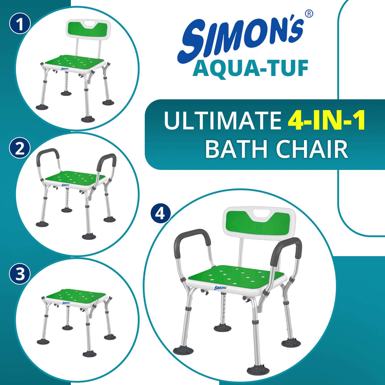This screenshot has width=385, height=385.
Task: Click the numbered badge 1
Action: click(20, 24)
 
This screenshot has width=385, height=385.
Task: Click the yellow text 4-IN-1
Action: click(326, 120)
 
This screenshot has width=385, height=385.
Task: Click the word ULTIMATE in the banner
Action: click(223, 120)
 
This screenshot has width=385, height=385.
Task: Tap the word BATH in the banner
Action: click(236, 149)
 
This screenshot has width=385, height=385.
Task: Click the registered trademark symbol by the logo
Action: click(309, 14)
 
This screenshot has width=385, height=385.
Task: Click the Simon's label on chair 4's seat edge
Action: click(220, 288)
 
